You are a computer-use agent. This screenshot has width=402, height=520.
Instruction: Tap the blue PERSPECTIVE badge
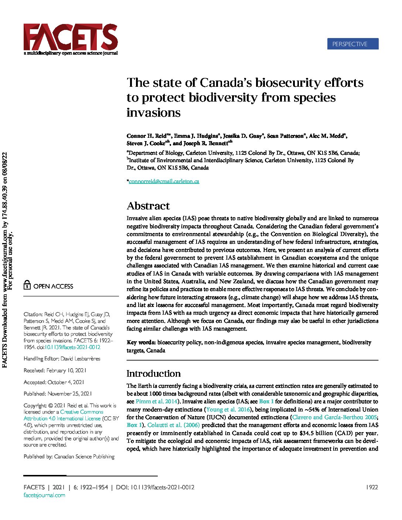click(x=352, y=44)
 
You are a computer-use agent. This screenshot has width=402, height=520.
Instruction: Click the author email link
click(x=164, y=181)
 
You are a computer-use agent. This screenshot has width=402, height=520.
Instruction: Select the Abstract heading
click(x=148, y=206)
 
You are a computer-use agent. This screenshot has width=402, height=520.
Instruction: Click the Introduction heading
click(x=154, y=373)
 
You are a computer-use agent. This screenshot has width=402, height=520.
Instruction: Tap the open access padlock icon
click(x=27, y=286)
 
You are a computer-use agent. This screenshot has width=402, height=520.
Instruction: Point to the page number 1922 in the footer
click(x=372, y=487)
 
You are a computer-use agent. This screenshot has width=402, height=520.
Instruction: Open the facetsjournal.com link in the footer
click(x=44, y=495)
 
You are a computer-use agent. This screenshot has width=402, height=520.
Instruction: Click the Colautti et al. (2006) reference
click(x=174, y=425)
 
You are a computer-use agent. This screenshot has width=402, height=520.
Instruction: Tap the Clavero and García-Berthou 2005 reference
click(x=334, y=417)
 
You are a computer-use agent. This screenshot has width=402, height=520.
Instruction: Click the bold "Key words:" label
click(x=141, y=342)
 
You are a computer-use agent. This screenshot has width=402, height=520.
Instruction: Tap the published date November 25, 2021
click(x=70, y=394)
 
